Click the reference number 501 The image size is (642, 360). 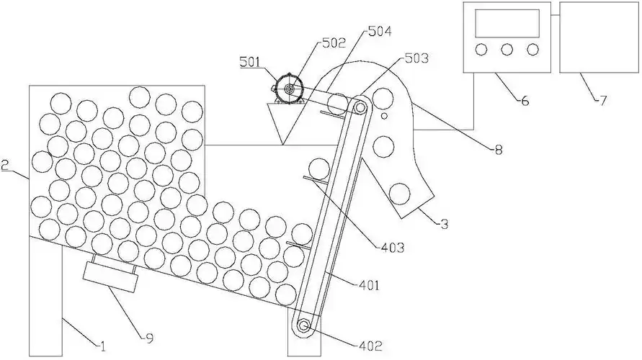coord(252,63)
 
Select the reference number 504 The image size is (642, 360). coord(380,32)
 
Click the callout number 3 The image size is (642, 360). coord(445,225)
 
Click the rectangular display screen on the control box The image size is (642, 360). coord(507,24)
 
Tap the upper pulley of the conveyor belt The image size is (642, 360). coord(360,108)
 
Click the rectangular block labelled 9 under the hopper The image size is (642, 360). coord(110,276)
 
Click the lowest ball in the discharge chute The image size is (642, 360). coord(398,193)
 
